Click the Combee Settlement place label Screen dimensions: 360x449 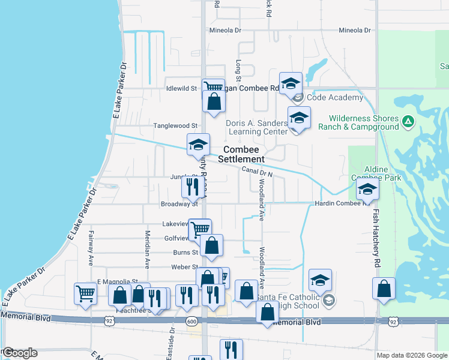click(x=244, y=154)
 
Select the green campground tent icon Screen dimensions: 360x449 click(x=408, y=122)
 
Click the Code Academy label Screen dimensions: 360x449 click(x=336, y=97)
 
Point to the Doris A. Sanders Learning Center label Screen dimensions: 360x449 click(x=256, y=127)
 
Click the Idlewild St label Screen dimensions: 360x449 click(x=181, y=88)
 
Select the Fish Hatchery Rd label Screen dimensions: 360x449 click(x=376, y=238)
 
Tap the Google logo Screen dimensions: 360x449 click(x=20, y=353)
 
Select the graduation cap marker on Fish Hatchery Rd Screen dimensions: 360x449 click(x=367, y=190)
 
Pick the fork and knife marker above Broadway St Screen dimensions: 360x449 click(x=192, y=187)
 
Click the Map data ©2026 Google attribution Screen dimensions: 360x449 click(x=411, y=355)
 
